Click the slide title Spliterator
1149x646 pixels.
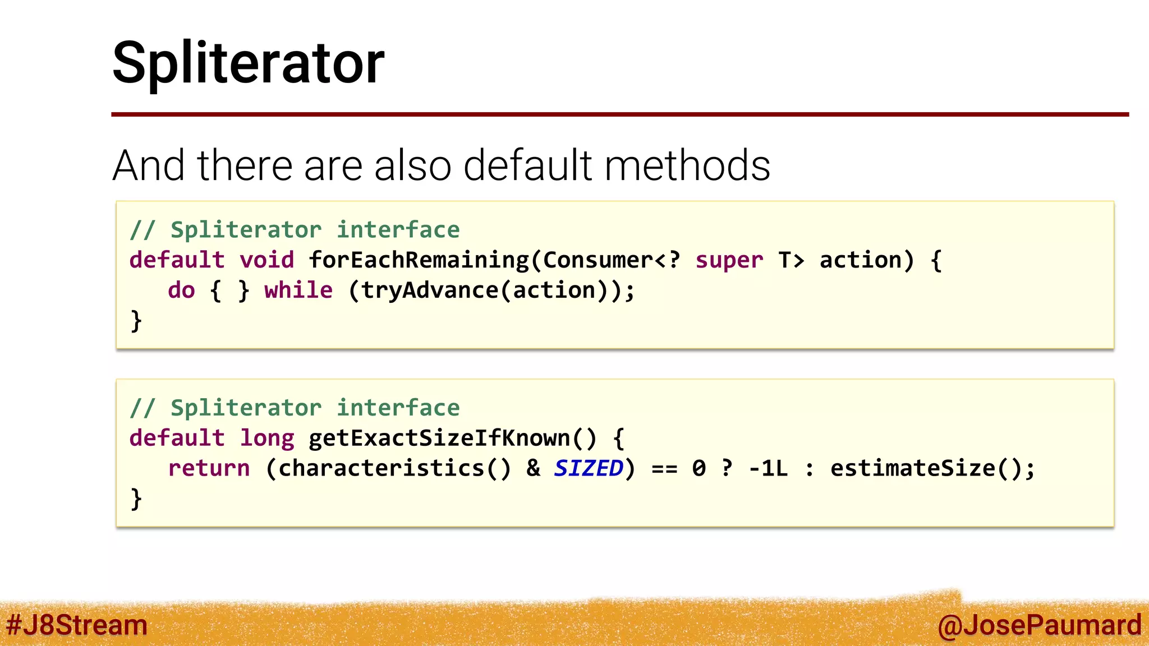248,63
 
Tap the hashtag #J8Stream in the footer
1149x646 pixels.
76,625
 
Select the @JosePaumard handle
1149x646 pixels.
1039,625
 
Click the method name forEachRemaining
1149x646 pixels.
419,260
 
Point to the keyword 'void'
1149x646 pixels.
266,260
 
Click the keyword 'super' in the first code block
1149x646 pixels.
729,260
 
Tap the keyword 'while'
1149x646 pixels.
298,290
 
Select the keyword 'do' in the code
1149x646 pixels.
181,290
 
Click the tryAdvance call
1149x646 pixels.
429,290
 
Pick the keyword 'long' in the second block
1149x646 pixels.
266,438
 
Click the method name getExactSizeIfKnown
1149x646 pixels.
439,438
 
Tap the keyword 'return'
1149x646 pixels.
209,468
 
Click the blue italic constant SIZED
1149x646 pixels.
588,468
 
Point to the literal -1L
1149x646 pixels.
768,468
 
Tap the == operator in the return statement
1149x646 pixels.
664,468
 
